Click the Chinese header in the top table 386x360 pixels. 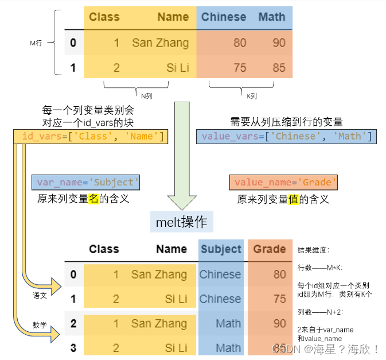(x=224, y=17)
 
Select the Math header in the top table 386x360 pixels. (x=271, y=17)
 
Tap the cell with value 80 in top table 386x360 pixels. (x=240, y=42)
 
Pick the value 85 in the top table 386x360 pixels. (x=279, y=68)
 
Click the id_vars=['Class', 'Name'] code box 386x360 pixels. (x=91, y=136)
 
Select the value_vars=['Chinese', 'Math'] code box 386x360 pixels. (x=286, y=136)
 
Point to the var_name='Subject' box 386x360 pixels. (x=86, y=182)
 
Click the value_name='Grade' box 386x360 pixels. (x=283, y=182)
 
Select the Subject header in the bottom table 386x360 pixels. (x=221, y=249)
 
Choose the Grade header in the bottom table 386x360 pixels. (x=270, y=249)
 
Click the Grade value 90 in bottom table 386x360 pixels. (x=279, y=323)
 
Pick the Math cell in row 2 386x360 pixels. (x=228, y=323)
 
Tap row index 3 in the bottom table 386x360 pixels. (x=73, y=348)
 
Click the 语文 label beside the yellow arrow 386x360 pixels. (x=39, y=295)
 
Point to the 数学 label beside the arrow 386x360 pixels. (x=39, y=325)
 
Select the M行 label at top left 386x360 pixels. (x=36, y=42)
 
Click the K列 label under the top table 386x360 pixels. (x=252, y=95)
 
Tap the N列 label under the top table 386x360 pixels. (x=146, y=95)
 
